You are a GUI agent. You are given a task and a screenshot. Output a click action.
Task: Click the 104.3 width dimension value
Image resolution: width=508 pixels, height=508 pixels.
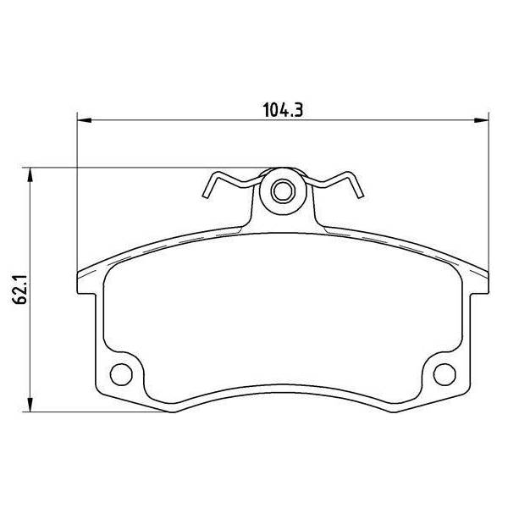[283, 110]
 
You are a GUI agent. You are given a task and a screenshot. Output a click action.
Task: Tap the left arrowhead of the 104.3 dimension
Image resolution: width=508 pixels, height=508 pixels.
[85, 120]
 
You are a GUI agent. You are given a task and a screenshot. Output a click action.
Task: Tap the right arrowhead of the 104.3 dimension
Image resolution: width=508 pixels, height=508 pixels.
[482, 120]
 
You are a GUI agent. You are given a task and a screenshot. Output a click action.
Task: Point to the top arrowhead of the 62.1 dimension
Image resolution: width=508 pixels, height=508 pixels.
[30, 175]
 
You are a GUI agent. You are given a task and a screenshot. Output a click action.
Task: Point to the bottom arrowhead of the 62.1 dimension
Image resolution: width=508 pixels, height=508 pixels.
[30, 405]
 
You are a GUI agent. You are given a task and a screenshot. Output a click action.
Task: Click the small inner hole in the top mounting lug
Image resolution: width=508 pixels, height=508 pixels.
[283, 191]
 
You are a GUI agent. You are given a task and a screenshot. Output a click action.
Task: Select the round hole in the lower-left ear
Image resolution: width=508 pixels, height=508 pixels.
[121, 374]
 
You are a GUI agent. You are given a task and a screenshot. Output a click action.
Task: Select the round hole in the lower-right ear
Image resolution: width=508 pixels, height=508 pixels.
[444, 374]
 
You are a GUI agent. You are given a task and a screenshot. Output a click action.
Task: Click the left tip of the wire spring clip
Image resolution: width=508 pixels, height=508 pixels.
[205, 196]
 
